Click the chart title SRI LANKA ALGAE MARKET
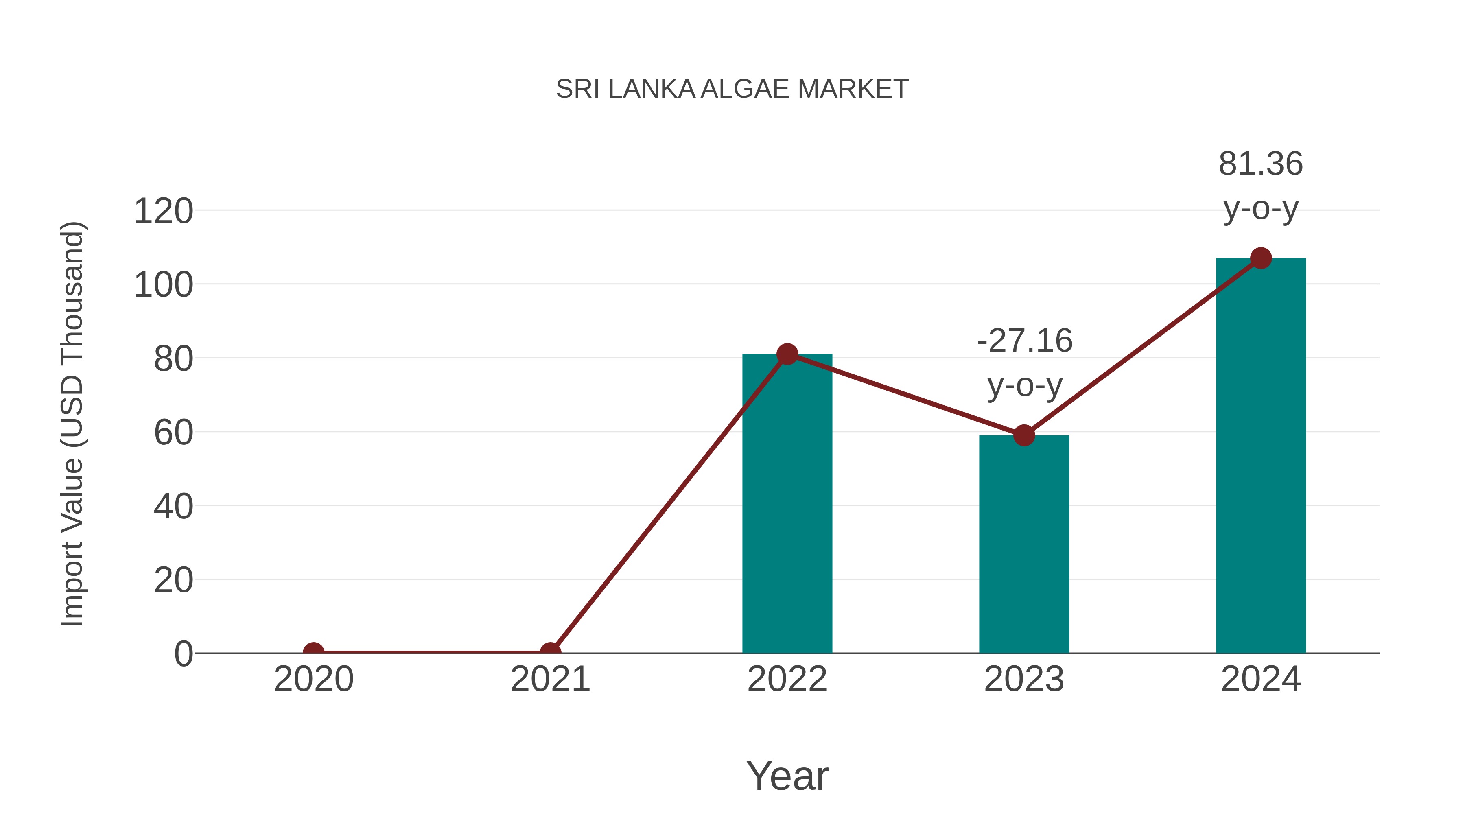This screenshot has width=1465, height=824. tap(732, 89)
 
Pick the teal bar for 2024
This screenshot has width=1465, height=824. tap(1261, 455)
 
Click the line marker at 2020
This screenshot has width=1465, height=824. tap(313, 652)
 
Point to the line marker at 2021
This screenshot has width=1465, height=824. tap(550, 652)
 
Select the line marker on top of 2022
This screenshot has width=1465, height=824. tap(787, 354)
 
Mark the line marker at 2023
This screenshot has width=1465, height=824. tap(1024, 435)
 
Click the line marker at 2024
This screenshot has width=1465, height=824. tap(1261, 258)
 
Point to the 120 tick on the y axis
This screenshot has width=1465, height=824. tap(163, 212)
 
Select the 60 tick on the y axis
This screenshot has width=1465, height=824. tap(173, 433)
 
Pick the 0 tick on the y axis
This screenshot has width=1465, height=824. tap(184, 654)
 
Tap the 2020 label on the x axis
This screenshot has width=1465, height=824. tap(313, 679)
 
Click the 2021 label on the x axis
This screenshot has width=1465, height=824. tap(550, 679)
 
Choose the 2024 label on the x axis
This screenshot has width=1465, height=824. tap(1261, 679)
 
